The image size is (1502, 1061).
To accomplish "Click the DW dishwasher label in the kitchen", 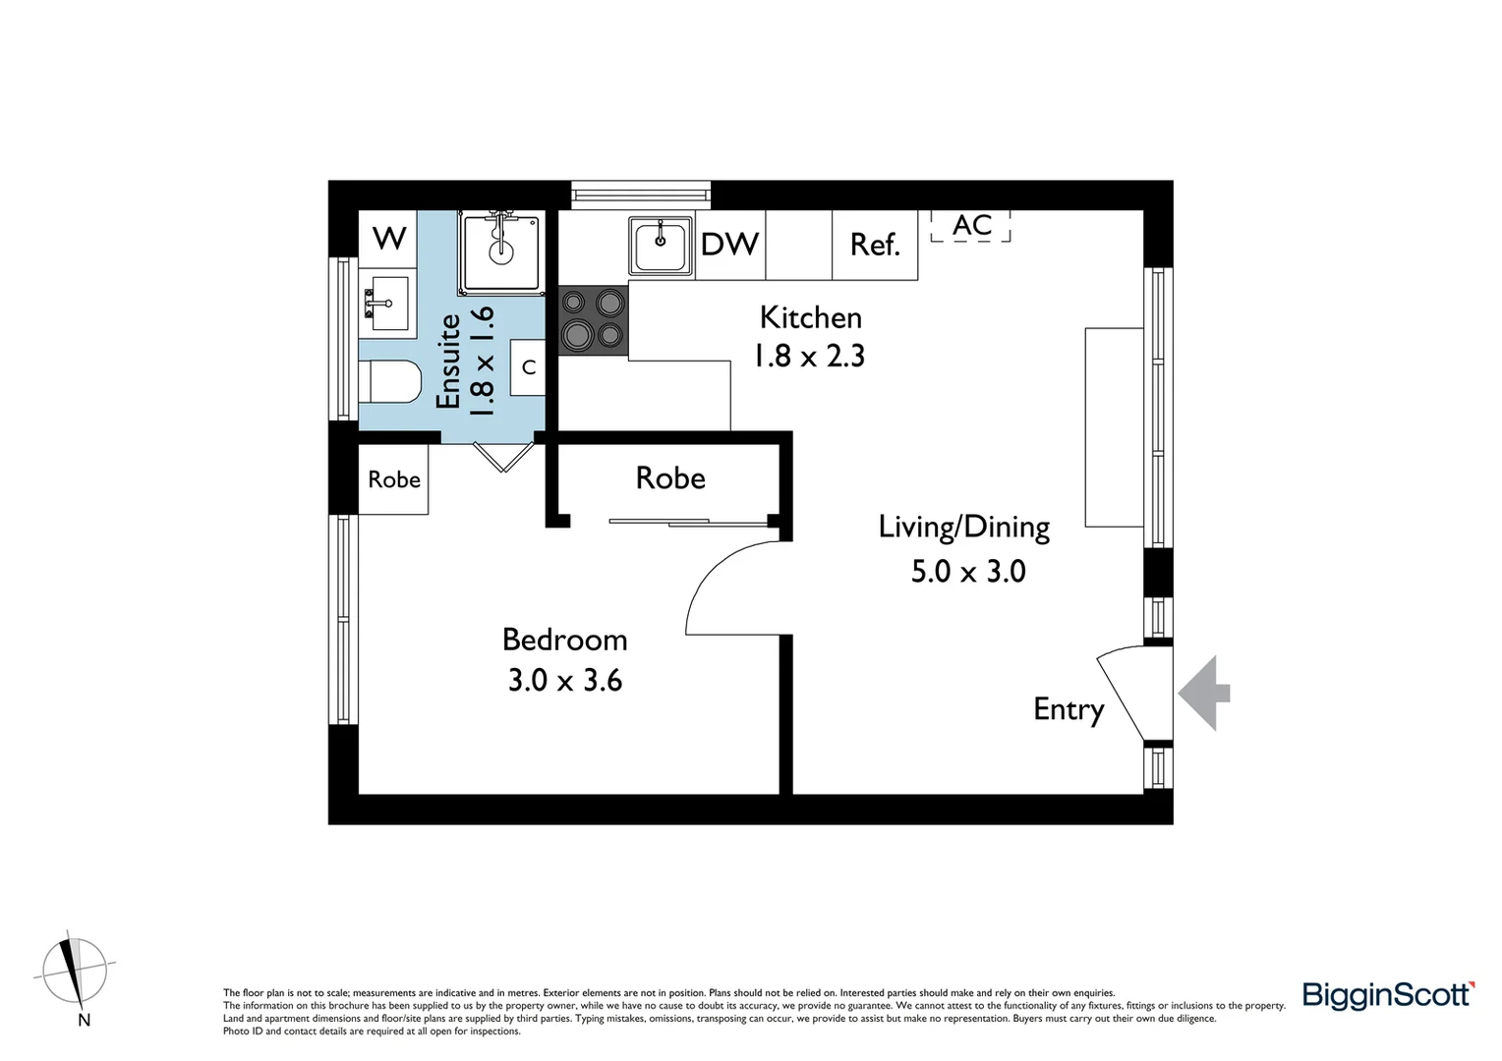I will tap(729, 245).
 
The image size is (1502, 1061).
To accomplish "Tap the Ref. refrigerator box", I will tap(875, 245).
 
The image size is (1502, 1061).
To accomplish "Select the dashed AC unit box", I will tap(971, 226).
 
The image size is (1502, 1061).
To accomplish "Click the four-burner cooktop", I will tap(594, 319).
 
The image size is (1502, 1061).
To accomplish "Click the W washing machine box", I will tap(389, 238).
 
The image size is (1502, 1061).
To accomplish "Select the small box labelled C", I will tap(529, 367).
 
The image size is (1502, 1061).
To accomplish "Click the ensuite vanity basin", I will tap(386, 302).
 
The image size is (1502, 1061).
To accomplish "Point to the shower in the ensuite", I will tap(501, 251).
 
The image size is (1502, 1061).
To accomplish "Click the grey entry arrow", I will tap(1205, 694).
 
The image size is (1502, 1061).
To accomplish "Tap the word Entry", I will tap(1069, 709).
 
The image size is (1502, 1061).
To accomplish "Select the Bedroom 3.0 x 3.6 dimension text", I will tap(565, 680).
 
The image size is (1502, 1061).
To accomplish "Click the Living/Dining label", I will tap(964, 528).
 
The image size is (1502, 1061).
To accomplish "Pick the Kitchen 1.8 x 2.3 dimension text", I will tap(809, 355).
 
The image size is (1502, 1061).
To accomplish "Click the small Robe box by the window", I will tap(393, 479).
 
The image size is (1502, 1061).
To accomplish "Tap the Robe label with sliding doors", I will tap(670, 478).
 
